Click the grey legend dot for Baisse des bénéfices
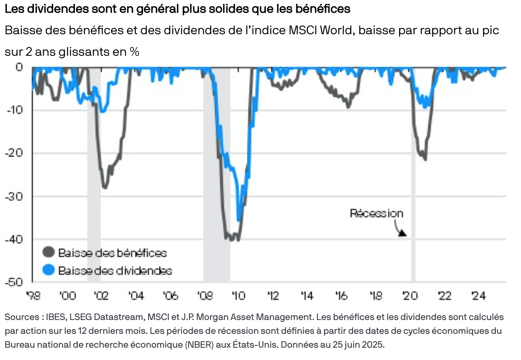tap(48, 252)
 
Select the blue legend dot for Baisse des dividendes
tap(48, 270)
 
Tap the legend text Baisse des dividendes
tap(115, 270)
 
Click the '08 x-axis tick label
tap(205, 296)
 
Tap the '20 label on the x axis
tap(410, 296)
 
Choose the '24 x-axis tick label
tap(479, 296)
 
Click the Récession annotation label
tap(376, 213)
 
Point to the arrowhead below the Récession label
tap(402, 233)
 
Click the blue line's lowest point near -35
tap(239, 220)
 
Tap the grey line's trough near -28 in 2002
tap(105, 187)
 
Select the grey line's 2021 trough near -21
tap(425, 159)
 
